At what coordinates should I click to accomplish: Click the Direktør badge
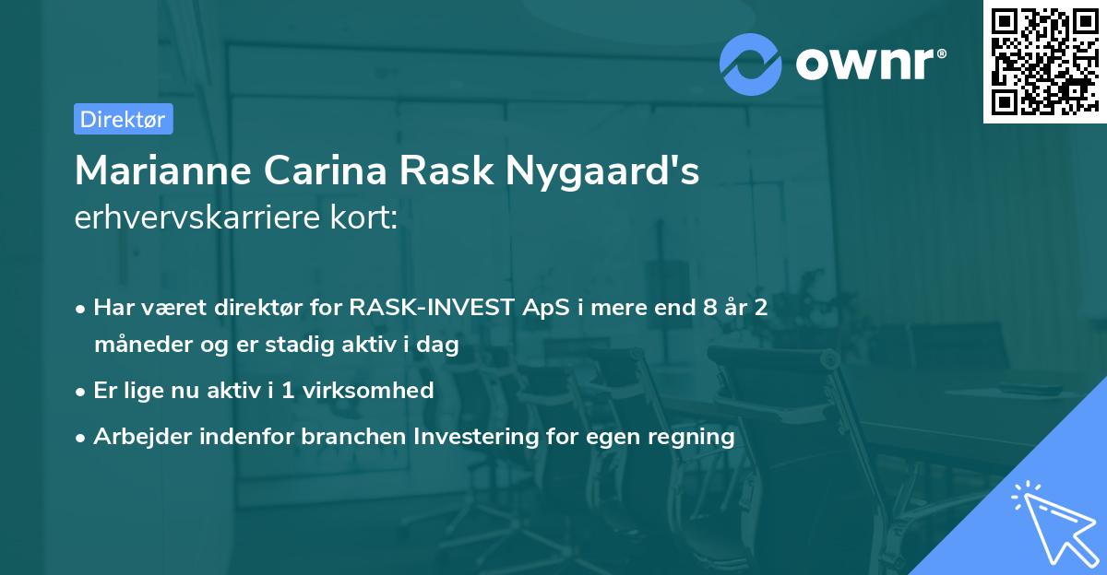tap(123, 119)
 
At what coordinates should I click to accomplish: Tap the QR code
tap(1043, 61)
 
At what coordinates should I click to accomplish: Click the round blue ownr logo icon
tap(751, 64)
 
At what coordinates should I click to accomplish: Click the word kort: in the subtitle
tap(365, 217)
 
